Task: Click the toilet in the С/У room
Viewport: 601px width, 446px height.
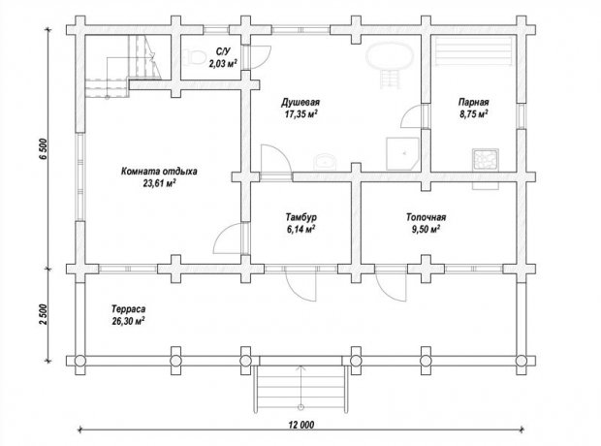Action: click(x=195, y=57)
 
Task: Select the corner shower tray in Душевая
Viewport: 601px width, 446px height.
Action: click(x=402, y=153)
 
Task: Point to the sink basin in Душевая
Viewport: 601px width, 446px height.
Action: click(x=326, y=162)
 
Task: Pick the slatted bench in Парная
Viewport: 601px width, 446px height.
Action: click(x=474, y=51)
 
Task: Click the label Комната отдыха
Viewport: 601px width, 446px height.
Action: click(x=159, y=171)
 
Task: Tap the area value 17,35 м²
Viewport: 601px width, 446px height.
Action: click(x=301, y=114)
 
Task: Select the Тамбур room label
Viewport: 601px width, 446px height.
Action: click(x=300, y=217)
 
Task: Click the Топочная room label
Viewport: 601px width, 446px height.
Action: click(x=426, y=217)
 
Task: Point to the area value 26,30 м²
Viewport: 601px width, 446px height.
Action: click(x=128, y=321)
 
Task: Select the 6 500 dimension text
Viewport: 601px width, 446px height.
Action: click(x=43, y=149)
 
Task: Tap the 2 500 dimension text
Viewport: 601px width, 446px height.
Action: click(x=43, y=315)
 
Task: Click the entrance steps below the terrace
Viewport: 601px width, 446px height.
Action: click(x=300, y=389)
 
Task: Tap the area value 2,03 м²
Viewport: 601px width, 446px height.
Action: click(x=223, y=64)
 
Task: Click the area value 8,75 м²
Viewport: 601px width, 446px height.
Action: click(x=474, y=114)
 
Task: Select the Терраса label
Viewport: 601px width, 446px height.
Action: click(x=128, y=308)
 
